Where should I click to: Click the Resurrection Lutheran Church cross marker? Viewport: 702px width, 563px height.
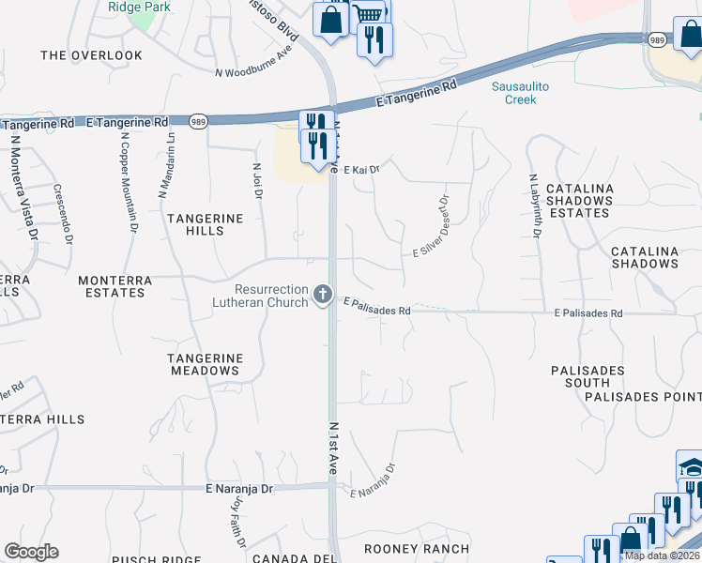[323, 296]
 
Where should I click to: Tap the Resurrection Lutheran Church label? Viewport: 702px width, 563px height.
[272, 297]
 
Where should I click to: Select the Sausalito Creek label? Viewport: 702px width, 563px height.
[520, 93]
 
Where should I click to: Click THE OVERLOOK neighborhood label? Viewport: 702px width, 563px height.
[92, 55]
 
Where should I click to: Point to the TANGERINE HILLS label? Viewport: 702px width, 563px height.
[205, 225]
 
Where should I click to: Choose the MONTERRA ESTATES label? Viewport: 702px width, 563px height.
[112, 286]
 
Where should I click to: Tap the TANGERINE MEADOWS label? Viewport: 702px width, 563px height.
[205, 364]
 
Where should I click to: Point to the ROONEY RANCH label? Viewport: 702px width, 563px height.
[416, 549]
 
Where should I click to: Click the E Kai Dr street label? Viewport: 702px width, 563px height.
[360, 170]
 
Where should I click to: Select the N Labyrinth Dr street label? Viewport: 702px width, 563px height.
[533, 205]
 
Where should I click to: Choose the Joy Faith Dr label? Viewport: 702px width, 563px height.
[237, 522]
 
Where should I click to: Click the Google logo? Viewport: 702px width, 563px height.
[31, 552]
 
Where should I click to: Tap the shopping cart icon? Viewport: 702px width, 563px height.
[370, 13]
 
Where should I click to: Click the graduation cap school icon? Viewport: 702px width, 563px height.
[690, 467]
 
